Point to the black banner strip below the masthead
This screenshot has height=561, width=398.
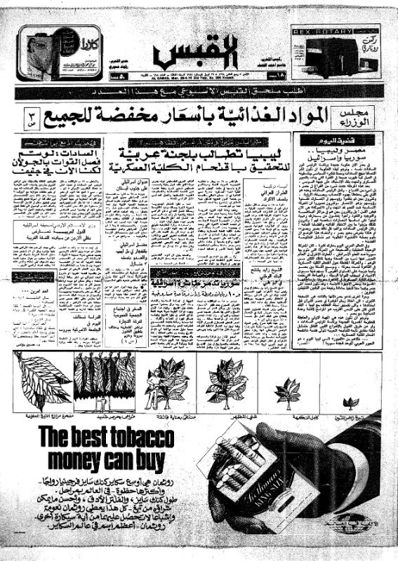click(x=199, y=92)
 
